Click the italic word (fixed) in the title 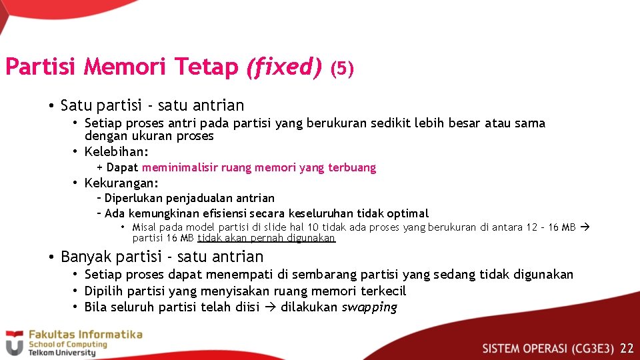284,67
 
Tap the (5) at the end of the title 342,69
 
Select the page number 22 627,348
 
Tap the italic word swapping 369,307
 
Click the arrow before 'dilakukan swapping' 270,307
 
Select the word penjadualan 195,198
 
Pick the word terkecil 383,291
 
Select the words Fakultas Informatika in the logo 85,334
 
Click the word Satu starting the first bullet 73,105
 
